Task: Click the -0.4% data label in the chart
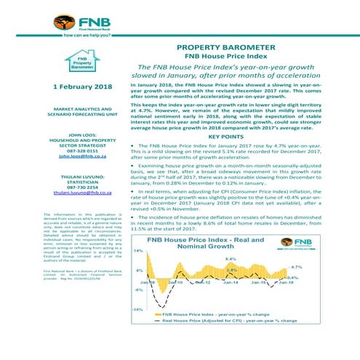[x=334, y=277]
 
